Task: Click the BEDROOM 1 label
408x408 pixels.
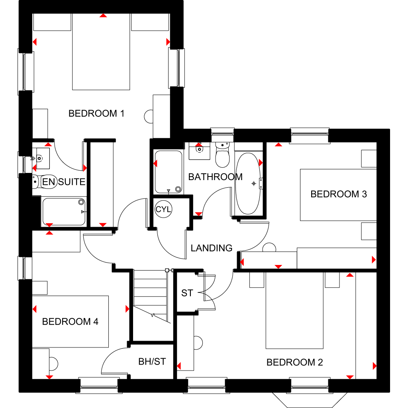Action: (x=96, y=114)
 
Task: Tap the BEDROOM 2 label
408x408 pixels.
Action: (x=294, y=362)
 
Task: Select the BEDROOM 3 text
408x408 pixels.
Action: (x=339, y=194)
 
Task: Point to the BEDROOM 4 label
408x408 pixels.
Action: (x=70, y=322)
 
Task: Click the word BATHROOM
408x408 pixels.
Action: (x=215, y=177)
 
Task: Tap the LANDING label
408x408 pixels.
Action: (x=211, y=248)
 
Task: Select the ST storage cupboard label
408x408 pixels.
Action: (x=187, y=293)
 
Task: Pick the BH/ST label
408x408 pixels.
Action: (x=152, y=361)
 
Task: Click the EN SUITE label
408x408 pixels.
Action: (x=64, y=182)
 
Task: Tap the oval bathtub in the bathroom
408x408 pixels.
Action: (x=248, y=183)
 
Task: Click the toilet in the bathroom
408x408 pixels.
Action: (x=222, y=155)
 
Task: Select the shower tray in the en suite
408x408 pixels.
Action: (x=64, y=212)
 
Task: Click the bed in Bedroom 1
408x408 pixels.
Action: (x=101, y=52)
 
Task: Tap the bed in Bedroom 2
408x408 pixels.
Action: (x=294, y=310)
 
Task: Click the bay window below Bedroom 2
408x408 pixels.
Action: (x=310, y=399)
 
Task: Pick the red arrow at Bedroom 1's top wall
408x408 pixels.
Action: (x=103, y=16)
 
